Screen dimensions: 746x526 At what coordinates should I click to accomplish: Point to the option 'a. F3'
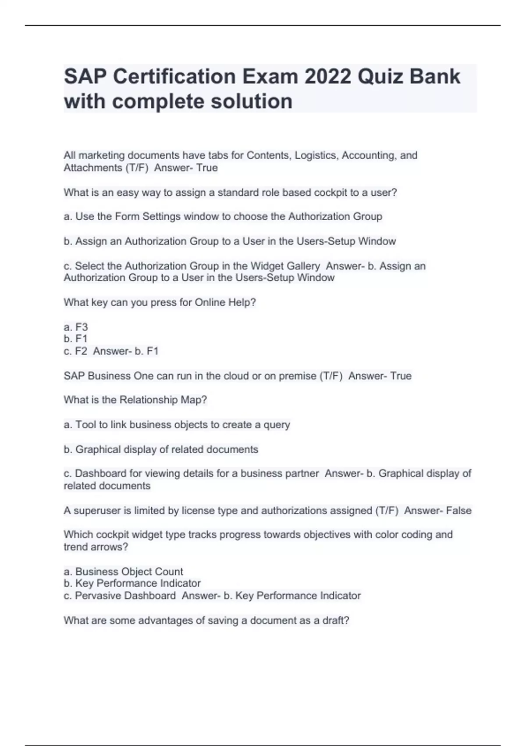pos(76,327)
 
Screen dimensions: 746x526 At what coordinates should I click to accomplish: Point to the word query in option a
pos(277,425)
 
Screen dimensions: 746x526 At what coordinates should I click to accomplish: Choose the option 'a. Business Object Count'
pos(123,571)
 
